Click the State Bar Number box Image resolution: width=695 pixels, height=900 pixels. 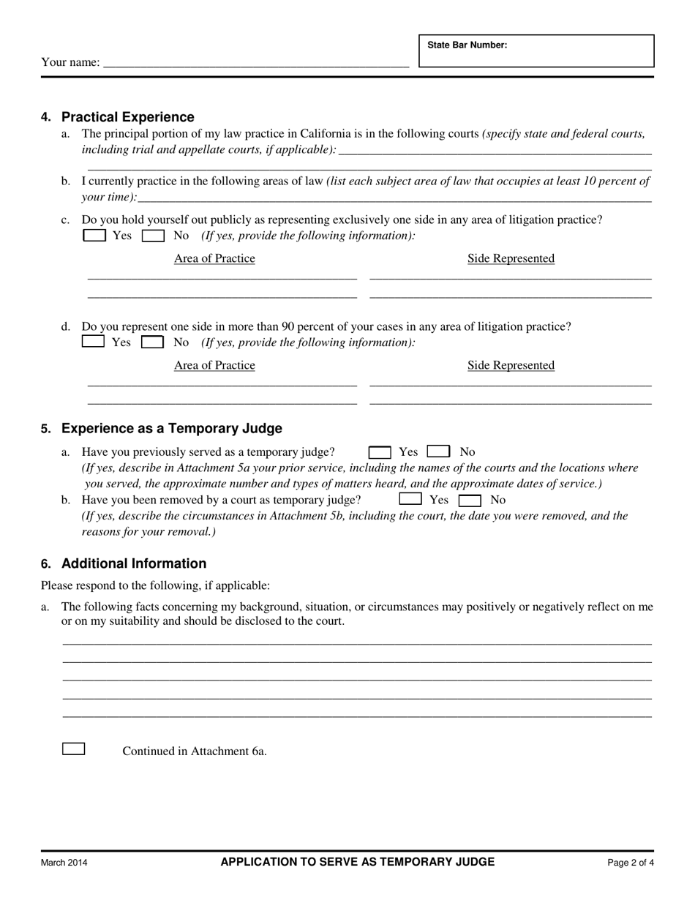[536, 51]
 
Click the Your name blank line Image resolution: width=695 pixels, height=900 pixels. [256, 62]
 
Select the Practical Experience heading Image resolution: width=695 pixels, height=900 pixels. [128, 117]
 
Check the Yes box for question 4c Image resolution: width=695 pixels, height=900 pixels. [94, 236]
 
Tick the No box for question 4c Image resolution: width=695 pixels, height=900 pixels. [153, 236]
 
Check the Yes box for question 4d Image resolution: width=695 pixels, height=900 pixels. [94, 342]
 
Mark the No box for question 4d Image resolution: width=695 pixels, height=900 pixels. [152, 342]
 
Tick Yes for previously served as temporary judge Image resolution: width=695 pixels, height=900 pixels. [380, 452]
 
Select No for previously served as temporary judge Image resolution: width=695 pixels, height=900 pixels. [438, 452]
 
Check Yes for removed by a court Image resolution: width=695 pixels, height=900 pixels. [410, 500]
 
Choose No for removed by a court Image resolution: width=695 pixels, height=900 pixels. [470, 500]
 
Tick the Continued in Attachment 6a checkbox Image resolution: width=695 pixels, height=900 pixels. [74, 749]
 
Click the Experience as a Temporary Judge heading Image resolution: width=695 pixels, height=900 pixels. [171, 428]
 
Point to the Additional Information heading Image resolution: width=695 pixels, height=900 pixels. [134, 563]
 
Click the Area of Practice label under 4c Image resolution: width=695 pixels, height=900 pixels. [214, 258]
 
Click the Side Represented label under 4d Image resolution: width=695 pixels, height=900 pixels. [511, 365]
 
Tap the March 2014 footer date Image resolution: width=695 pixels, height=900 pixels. [64, 863]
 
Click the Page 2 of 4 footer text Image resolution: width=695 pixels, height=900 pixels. [631, 863]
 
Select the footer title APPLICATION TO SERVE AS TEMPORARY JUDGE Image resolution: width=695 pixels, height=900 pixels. [358, 862]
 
